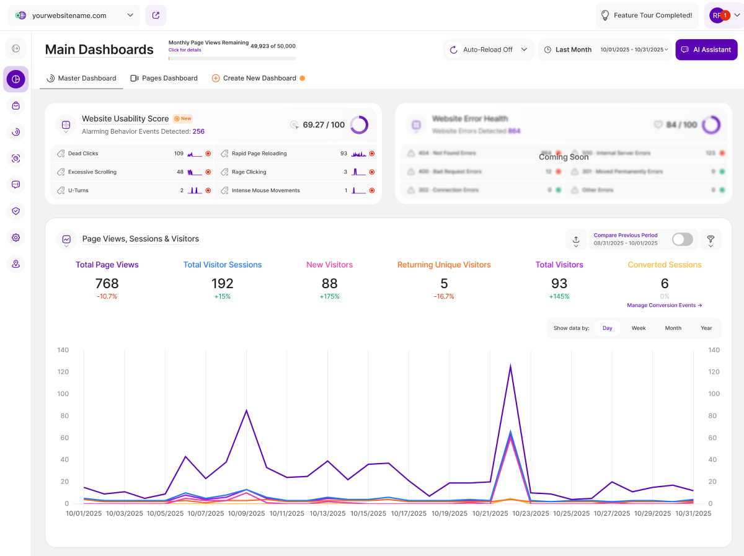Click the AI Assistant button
[x=706, y=50]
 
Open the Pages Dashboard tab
[x=164, y=78]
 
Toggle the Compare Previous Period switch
[x=682, y=239]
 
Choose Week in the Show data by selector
[x=639, y=328]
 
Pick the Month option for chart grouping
[x=673, y=328]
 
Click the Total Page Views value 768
[x=107, y=283]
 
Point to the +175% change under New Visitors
[x=329, y=296]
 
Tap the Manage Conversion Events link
[x=664, y=305]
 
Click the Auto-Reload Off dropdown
[x=489, y=50]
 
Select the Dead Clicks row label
[x=83, y=153]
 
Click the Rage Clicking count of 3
[x=345, y=172]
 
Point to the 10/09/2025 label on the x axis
[x=246, y=513]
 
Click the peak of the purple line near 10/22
[x=510, y=366]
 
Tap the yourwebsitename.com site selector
[x=74, y=15]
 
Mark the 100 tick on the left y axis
[x=62, y=394]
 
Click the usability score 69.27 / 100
[x=324, y=125]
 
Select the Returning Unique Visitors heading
[x=444, y=265]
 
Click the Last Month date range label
[x=573, y=50]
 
